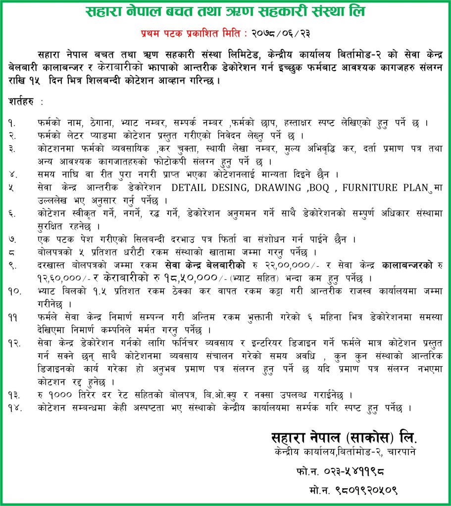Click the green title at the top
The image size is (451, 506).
[225, 12]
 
